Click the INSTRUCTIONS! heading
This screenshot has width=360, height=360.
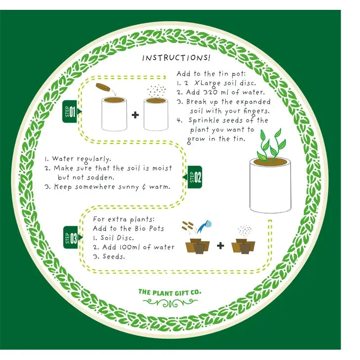point(176,58)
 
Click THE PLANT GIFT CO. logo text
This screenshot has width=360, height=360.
point(170,292)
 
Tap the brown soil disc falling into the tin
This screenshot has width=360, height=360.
point(103,87)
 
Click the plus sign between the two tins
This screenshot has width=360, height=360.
point(135,114)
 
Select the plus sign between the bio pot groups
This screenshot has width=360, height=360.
point(220,246)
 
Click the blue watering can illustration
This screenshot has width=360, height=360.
point(205,226)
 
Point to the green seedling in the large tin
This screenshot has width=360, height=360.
point(271,145)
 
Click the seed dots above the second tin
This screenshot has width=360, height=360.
point(156,91)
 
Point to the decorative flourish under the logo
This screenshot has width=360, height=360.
point(170,303)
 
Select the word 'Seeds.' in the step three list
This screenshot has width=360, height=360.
point(113,256)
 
